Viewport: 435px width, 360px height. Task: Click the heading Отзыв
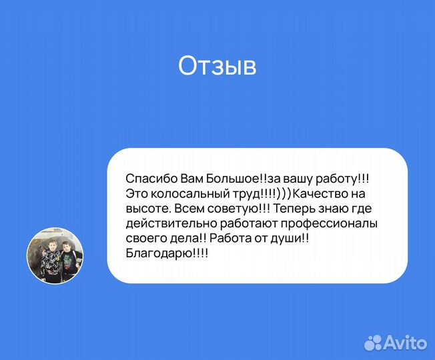tap(217, 67)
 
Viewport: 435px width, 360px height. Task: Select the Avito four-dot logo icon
tap(374, 343)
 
